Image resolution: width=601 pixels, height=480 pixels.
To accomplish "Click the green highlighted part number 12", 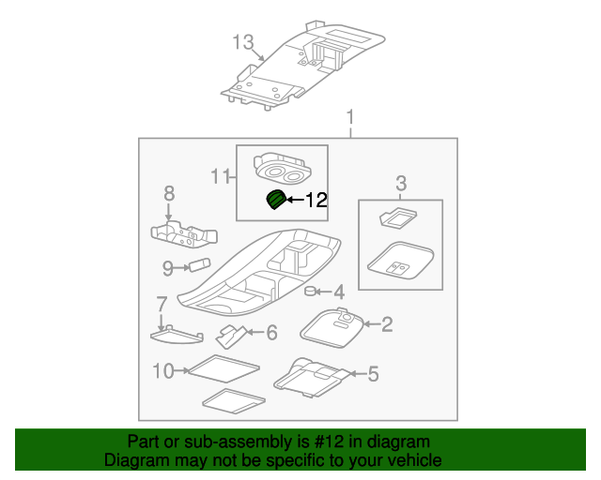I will click(x=276, y=200).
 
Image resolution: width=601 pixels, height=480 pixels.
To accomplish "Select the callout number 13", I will click(x=243, y=42).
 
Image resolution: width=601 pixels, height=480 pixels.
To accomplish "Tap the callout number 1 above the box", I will click(x=351, y=119).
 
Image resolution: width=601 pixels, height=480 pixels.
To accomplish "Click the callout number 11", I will click(x=219, y=175).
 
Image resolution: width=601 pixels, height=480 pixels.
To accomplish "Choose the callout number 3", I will click(x=400, y=182).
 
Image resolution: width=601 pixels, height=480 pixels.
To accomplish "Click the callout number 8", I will click(x=169, y=193).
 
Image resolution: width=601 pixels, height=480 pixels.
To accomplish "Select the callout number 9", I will click(x=167, y=269).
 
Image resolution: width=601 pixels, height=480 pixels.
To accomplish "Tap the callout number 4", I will click(x=339, y=292).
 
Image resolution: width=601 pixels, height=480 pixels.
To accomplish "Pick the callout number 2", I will click(x=386, y=325).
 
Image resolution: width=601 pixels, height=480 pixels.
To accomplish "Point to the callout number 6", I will click(x=271, y=332).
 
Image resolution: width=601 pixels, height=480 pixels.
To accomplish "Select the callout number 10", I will click(x=163, y=371).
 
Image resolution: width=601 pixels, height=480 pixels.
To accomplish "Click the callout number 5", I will click(x=373, y=375).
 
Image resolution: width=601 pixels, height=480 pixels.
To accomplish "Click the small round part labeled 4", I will click(x=308, y=292).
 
